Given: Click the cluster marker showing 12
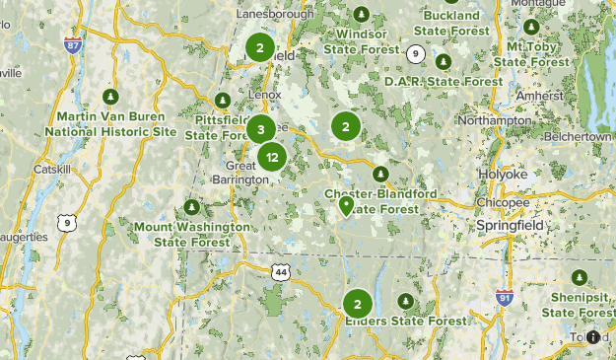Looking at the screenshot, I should click(x=272, y=157).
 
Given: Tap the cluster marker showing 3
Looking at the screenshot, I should click(x=260, y=129).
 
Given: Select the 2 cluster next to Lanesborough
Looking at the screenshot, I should click(x=259, y=47).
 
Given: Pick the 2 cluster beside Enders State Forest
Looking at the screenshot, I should click(x=357, y=304).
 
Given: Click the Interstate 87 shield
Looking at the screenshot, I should click(x=72, y=45).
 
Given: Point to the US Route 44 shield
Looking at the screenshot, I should click(x=282, y=271).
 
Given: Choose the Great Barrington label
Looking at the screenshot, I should click(x=240, y=173).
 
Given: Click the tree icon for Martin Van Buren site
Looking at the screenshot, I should click(x=111, y=97).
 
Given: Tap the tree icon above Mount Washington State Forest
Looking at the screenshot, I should click(x=191, y=208).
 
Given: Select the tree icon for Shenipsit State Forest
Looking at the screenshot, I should click(x=580, y=277).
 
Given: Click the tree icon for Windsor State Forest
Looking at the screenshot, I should click(x=361, y=14).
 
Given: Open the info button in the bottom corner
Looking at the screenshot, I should click(x=592, y=337).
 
